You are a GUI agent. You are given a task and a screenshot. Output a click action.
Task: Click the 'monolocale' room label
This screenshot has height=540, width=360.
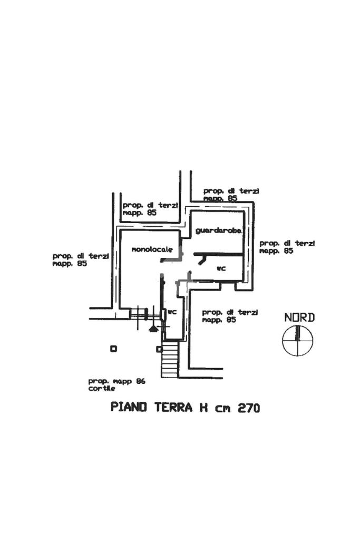point(152,249)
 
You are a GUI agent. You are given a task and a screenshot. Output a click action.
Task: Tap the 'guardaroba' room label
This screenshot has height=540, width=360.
point(218,230)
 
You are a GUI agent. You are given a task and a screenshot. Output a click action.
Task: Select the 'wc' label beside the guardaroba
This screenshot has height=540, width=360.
point(221,268)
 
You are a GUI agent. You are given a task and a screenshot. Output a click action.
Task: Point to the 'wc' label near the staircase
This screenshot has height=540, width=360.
point(171,312)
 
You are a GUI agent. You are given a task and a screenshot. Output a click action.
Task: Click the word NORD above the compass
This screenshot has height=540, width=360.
point(299,317)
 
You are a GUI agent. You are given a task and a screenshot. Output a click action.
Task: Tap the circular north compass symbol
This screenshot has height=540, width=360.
point(298,340)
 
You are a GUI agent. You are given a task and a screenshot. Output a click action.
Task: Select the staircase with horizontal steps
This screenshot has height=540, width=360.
point(170,359)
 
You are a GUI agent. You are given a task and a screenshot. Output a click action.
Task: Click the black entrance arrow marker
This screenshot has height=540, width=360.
point(153,329)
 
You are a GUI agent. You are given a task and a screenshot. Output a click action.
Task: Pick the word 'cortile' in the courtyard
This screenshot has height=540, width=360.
point(102,389)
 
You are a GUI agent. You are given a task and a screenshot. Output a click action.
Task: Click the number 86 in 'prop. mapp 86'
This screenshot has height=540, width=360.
point(140,381)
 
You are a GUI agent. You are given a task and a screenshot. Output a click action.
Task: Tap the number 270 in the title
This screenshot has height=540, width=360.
point(248,408)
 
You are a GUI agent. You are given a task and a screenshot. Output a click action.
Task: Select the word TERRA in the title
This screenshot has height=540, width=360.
point(173,408)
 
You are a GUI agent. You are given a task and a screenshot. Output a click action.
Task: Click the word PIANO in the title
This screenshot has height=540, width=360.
point(129,408)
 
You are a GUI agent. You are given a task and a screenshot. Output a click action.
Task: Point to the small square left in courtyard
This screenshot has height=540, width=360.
point(113,349)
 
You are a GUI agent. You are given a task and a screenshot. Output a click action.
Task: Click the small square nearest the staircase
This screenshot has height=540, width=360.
point(158,349)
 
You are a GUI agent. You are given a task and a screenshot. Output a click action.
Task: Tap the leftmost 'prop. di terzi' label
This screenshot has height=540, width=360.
point(80,256)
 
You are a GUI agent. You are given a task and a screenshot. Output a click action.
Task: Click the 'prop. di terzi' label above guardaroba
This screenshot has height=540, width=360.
point(231,191)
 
